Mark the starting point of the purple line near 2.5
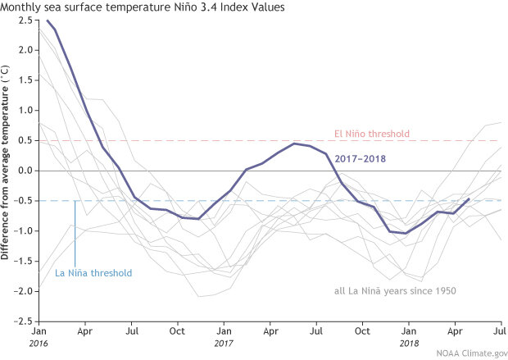tap(48, 21)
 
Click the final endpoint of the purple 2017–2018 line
tap(469, 198)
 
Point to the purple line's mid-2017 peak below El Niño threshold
tap(294, 144)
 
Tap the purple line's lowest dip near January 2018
tap(406, 234)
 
